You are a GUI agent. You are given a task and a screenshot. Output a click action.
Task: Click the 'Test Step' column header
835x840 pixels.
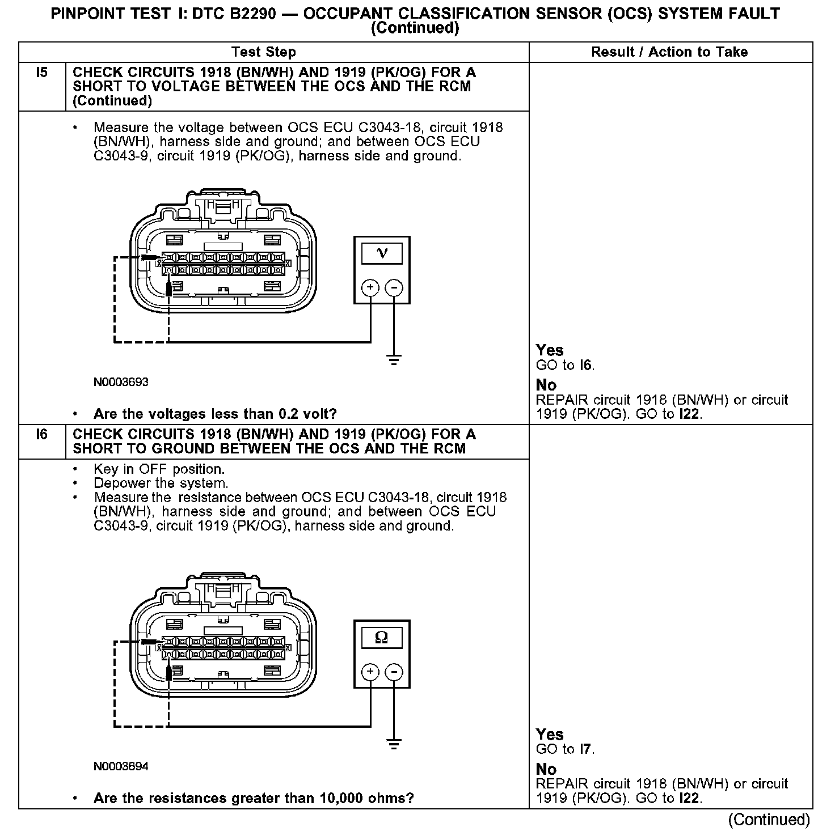click(x=264, y=52)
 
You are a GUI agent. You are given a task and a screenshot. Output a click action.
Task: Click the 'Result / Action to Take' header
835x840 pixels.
click(x=669, y=52)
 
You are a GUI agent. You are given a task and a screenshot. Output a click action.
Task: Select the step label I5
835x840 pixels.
click(x=42, y=73)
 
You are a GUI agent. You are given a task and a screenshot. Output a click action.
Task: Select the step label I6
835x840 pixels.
click(x=42, y=435)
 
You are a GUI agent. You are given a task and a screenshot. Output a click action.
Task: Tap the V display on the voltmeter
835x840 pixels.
click(x=382, y=253)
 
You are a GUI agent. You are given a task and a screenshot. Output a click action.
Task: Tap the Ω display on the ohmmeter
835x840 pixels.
click(x=382, y=638)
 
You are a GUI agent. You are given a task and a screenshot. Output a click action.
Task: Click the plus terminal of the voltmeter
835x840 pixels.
click(x=370, y=288)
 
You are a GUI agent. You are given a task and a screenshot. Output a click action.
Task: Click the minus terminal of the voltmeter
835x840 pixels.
click(x=394, y=288)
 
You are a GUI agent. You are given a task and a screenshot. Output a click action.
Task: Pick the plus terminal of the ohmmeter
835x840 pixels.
click(x=370, y=672)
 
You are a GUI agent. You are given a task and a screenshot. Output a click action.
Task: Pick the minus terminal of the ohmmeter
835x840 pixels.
click(x=394, y=672)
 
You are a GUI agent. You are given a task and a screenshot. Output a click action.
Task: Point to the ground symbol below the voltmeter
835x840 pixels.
click(x=394, y=359)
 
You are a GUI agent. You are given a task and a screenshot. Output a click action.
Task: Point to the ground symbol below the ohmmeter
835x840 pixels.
click(x=394, y=744)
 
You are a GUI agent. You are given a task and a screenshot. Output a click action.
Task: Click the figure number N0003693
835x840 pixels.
click(x=121, y=382)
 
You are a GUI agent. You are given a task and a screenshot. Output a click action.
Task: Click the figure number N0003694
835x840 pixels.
click(x=121, y=766)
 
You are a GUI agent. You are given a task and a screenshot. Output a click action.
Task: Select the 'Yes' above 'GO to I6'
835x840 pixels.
click(x=550, y=350)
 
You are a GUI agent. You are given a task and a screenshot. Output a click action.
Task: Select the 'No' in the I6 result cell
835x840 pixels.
click(x=546, y=769)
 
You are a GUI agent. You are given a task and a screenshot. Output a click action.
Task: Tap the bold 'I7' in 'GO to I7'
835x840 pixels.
click(x=585, y=749)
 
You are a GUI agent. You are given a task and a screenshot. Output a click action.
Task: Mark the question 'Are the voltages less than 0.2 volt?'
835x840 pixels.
click(x=215, y=414)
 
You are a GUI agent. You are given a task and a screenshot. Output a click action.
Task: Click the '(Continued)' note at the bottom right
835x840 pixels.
click(x=769, y=820)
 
